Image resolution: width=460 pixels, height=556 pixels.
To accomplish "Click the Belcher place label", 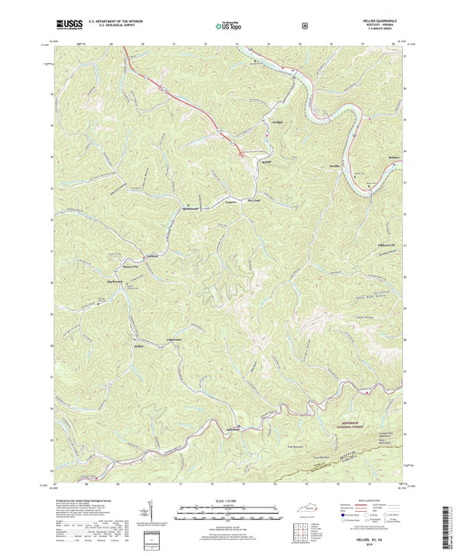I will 395,158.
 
